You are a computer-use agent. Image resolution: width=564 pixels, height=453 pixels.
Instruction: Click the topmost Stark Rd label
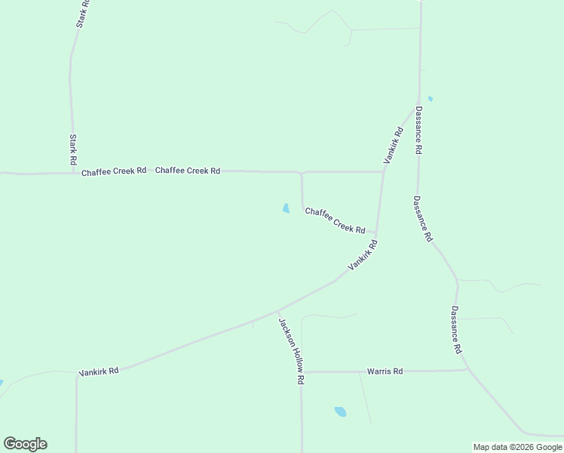[x=83, y=14]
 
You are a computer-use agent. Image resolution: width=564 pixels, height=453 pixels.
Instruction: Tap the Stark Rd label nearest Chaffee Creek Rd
[x=73, y=150]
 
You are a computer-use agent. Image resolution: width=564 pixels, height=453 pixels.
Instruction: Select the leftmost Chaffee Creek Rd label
[x=114, y=171]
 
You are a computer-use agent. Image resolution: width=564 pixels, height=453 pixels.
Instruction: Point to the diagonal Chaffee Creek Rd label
[x=335, y=220]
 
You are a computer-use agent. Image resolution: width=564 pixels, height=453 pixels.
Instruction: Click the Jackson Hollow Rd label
[x=290, y=351]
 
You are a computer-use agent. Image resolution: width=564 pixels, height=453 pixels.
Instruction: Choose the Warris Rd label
[x=385, y=371]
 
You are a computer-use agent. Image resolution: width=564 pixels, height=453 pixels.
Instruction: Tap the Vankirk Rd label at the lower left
[x=99, y=371]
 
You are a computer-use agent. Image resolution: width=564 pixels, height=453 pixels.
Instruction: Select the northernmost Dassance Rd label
[x=418, y=130]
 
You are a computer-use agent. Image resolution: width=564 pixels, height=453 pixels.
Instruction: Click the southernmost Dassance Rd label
[x=455, y=330]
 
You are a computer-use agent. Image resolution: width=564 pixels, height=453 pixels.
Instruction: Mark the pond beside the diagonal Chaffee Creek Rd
[x=286, y=208]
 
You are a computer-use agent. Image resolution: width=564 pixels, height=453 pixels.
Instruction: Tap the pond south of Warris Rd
[x=340, y=411]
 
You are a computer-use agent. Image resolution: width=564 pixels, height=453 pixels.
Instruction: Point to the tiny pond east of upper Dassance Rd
[x=430, y=99]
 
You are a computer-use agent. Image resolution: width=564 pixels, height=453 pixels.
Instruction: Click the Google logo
[x=25, y=444]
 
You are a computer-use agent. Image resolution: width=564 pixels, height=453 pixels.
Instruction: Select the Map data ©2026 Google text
[x=517, y=447]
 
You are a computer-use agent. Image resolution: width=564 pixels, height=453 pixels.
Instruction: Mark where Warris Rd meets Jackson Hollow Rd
[x=302, y=371]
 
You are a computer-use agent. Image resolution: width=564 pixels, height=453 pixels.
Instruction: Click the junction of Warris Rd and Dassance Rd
[x=467, y=370]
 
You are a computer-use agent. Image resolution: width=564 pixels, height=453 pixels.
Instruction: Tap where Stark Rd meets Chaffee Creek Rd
[x=72, y=173]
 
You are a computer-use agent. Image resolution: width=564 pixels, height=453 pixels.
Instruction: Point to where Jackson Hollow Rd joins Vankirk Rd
[x=277, y=310]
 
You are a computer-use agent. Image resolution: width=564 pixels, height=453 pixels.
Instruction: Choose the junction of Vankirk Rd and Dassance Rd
[x=418, y=103]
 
